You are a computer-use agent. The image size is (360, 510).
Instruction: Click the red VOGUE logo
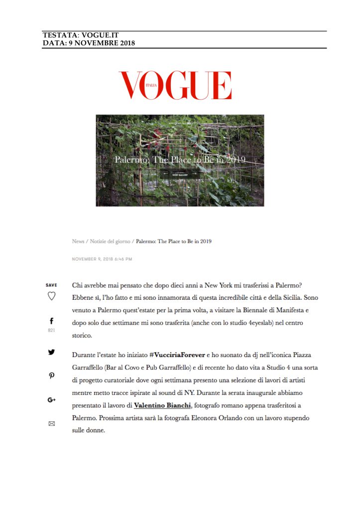click(175, 85)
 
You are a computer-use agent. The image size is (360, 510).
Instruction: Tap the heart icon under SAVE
click(51, 296)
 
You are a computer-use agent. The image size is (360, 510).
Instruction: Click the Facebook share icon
click(51, 321)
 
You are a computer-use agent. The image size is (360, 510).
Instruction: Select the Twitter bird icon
click(51, 352)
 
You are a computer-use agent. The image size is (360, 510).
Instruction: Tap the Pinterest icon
click(51, 376)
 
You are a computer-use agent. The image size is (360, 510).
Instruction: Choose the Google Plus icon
click(51, 399)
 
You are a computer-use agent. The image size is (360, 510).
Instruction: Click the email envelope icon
click(51, 424)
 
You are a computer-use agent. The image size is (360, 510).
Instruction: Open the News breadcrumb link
click(78, 241)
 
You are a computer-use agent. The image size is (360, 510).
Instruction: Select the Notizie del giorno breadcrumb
click(110, 241)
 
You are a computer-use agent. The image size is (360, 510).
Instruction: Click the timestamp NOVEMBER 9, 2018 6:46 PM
click(102, 259)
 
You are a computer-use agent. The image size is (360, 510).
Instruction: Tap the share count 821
click(51, 330)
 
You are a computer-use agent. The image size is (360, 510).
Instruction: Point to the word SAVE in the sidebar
click(51, 285)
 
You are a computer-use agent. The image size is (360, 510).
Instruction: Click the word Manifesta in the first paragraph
click(292, 310)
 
